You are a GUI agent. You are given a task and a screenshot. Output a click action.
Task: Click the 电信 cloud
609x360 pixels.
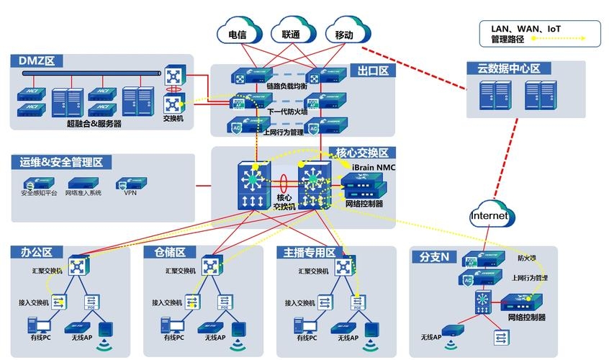tap(238, 34)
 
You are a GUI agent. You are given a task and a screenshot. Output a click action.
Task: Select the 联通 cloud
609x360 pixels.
tap(291, 34)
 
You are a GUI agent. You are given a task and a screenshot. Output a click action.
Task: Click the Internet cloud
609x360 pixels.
tap(490, 215)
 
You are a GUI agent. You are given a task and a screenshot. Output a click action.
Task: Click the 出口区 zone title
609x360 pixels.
tap(373, 71)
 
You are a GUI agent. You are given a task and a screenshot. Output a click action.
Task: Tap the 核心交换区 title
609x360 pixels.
tap(361, 153)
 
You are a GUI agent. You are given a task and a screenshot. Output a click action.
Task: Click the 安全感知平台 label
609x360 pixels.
tap(40, 193)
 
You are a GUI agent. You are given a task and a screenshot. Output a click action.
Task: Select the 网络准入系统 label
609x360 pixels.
tap(84, 193)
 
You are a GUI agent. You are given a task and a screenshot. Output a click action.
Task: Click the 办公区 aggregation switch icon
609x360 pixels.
tap(76, 267)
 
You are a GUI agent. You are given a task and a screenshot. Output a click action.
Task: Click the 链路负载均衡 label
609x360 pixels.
tap(287, 86)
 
